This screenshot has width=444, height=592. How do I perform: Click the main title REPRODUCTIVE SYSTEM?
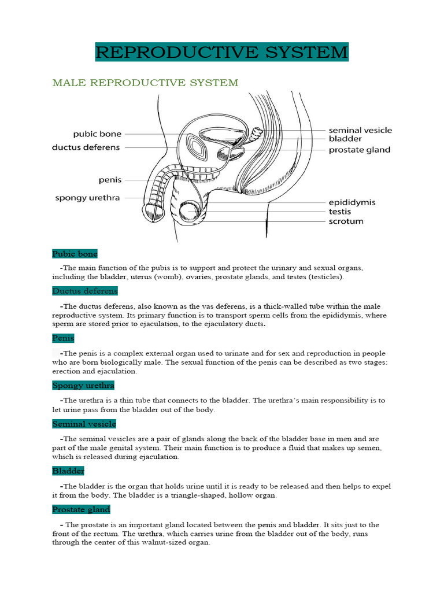222,53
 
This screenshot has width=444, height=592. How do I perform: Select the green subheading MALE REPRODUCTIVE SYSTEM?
145,83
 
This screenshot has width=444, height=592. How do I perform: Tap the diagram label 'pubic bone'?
97,134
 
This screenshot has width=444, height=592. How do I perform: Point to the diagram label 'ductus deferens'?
86,147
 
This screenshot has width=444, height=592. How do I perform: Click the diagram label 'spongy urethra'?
87,198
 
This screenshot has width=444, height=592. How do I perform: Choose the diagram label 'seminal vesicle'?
360,130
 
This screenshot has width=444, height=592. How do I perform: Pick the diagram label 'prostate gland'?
359,150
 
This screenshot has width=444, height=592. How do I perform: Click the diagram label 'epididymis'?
351,202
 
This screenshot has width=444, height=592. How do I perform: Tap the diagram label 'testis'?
339,212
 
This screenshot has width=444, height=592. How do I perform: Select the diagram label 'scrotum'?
346,221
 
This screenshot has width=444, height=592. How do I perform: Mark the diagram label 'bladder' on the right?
345,139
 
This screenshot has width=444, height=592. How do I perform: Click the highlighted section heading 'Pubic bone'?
75,254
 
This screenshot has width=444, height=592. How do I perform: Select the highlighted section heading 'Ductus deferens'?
85,291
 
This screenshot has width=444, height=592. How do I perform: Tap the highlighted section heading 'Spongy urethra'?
83,385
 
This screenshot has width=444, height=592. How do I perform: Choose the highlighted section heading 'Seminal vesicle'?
84,424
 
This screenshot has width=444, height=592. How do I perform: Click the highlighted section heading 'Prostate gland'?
81,510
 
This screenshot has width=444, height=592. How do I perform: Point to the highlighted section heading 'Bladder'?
68,471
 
